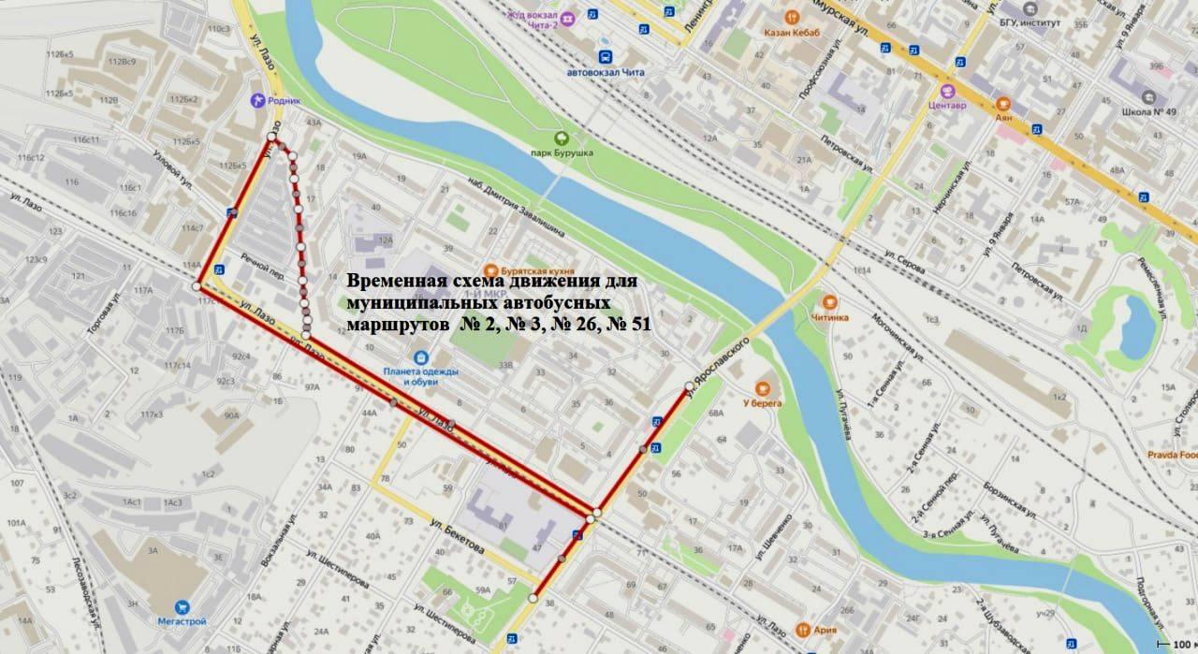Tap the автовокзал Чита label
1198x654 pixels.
tap(606, 72)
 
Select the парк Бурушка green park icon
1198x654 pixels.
tap(562, 137)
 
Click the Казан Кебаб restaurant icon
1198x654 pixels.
tap(791, 16)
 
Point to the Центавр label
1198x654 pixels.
tap(947, 106)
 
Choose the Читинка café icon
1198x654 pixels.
tap(828, 301)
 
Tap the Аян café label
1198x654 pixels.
tap(1003, 119)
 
